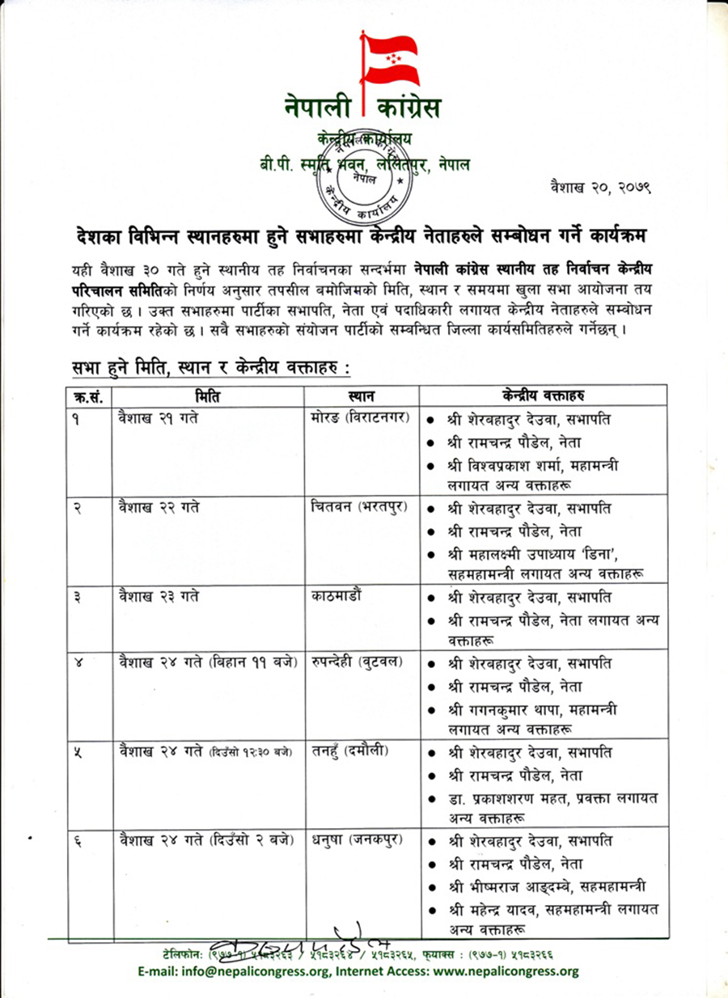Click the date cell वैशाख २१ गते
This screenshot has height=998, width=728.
click(159, 419)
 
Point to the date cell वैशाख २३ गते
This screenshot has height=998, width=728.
click(159, 598)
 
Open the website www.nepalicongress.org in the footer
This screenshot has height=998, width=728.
click(502, 971)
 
